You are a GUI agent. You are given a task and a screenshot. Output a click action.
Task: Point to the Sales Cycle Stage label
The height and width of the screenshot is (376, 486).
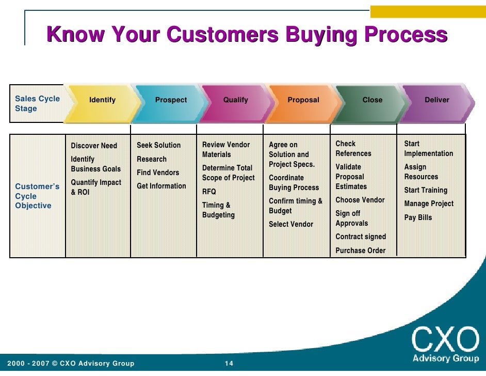tap(37, 103)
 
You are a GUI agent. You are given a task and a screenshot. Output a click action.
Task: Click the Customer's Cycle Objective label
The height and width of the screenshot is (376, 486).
tap(37, 196)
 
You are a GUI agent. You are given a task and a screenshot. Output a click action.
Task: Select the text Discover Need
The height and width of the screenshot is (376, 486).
tap(94, 146)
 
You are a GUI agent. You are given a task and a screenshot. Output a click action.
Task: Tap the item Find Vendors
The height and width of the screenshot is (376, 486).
tap(158, 173)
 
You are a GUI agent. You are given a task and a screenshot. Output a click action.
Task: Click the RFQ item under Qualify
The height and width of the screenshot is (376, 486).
tap(209, 192)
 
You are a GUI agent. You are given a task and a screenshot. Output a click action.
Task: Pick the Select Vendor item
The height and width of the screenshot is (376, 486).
tap(291, 224)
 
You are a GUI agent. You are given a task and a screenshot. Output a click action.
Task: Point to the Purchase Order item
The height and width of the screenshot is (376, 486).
tap(361, 250)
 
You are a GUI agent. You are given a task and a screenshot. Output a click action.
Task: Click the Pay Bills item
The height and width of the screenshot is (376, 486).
tap(418, 217)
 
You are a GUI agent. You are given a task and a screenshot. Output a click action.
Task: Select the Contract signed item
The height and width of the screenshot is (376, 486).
tap(361, 237)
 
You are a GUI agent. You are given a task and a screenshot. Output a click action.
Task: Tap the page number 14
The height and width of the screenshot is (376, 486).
tap(229, 364)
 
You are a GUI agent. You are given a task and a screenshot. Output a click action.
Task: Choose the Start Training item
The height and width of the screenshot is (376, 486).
tap(426, 190)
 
